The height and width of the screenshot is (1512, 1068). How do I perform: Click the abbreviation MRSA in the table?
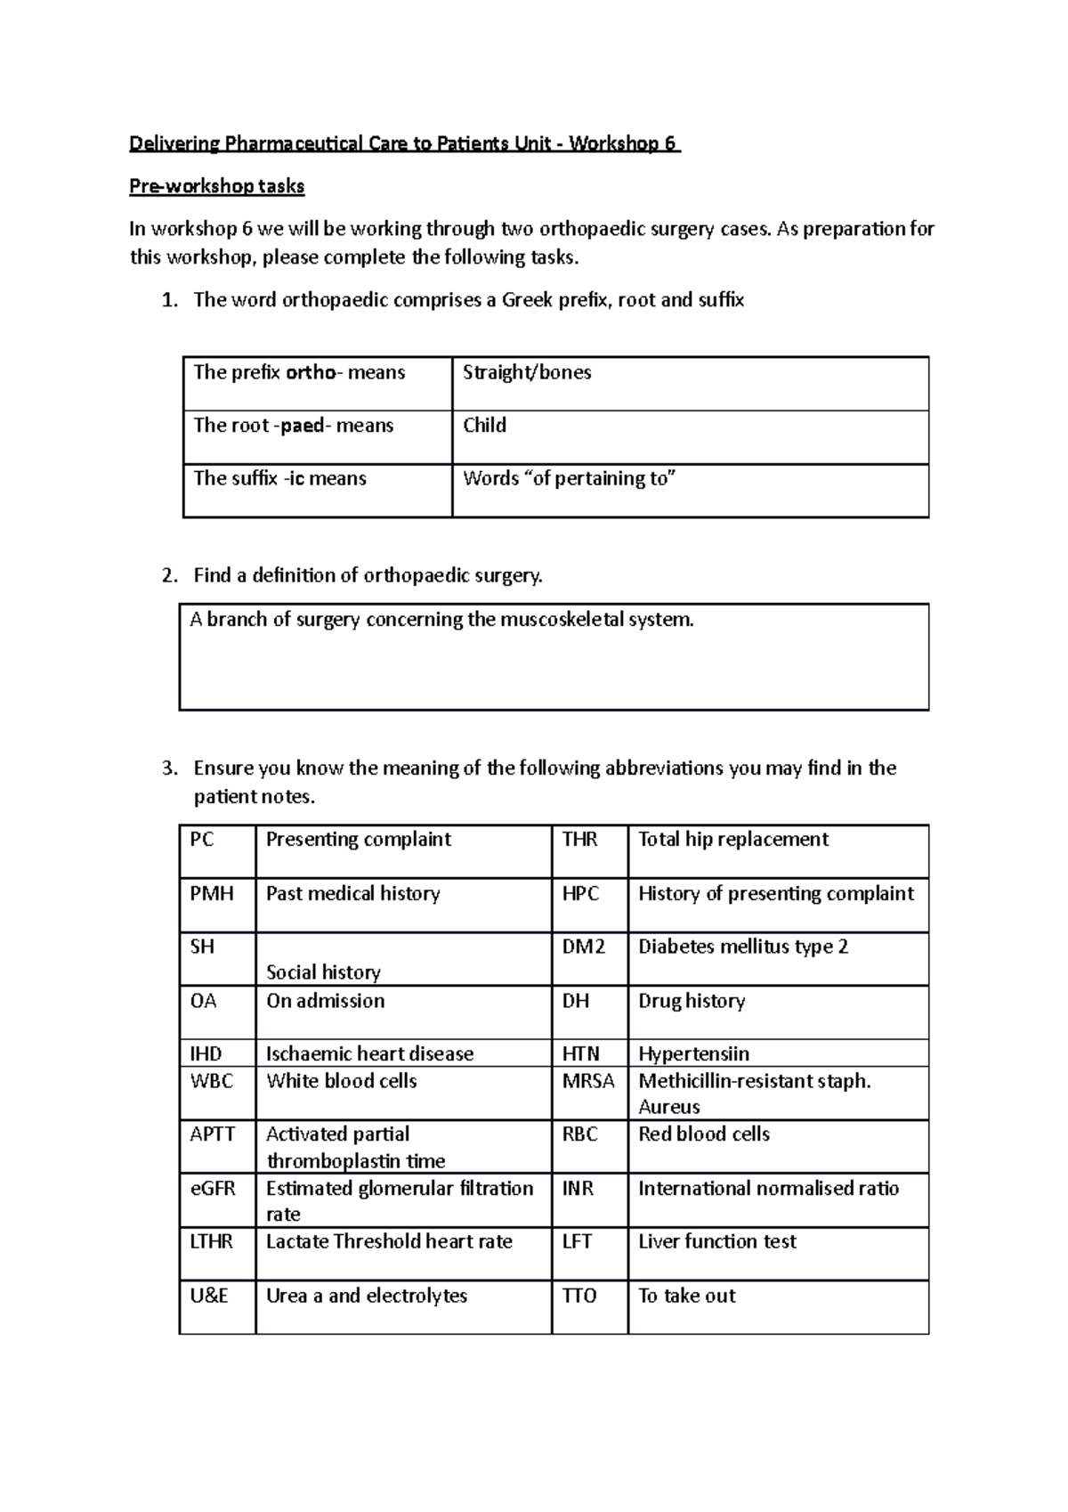click(588, 1081)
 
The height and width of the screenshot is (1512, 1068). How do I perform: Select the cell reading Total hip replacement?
click(732, 840)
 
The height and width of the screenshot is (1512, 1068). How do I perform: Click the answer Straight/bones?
click(527, 373)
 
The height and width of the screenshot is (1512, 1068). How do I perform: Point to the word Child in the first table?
click(484, 426)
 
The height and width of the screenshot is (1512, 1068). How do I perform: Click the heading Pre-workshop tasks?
click(217, 187)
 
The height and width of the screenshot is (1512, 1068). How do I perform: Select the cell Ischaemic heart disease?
click(369, 1054)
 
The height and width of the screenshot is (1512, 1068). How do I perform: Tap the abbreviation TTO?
click(579, 1297)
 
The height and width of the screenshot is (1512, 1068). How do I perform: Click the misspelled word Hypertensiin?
click(693, 1054)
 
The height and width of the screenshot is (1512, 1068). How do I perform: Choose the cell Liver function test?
click(716, 1242)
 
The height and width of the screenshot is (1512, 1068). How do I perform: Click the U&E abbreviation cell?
click(209, 1297)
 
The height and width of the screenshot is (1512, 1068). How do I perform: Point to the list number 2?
click(169, 576)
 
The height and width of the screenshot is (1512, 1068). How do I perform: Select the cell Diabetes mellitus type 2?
click(742, 947)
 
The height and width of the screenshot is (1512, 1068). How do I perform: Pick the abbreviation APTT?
click(212, 1134)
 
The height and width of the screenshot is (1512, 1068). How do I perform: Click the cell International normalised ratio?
click(768, 1189)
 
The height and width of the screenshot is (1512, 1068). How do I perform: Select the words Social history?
click(323, 972)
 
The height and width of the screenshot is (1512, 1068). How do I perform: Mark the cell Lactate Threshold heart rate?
click(389, 1242)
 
